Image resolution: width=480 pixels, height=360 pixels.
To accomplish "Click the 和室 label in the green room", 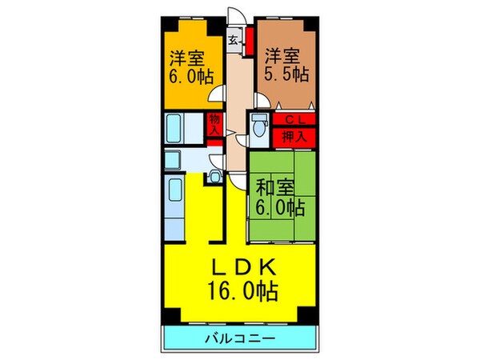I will (x=274, y=189).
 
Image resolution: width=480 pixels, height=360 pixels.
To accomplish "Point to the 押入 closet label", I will (x=294, y=136).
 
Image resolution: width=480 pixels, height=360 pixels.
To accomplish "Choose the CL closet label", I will (x=294, y=120).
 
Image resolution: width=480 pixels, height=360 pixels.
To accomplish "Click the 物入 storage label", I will (x=214, y=127).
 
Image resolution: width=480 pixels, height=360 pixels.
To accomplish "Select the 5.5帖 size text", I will (x=286, y=75).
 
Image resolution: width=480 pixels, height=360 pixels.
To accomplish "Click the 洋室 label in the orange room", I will (x=186, y=58).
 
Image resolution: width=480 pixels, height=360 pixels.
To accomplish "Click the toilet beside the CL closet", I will (x=258, y=126).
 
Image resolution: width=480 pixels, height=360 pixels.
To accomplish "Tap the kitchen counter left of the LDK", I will (x=176, y=205).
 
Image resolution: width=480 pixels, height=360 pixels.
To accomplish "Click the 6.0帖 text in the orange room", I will (x=186, y=77).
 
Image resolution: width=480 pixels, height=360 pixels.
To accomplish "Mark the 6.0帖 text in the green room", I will (x=279, y=209).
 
